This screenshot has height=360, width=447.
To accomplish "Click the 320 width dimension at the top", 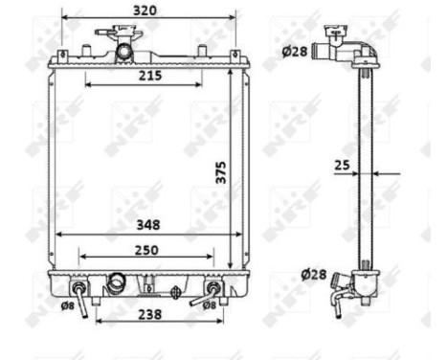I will point(145,10).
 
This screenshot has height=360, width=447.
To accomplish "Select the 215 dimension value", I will point(148,75).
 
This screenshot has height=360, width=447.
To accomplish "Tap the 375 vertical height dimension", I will point(220,169).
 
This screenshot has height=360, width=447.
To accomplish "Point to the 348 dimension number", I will point(147,225).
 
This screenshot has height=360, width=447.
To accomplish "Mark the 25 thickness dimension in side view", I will point(342,166).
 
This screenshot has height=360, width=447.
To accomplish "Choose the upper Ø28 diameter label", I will point(295,52).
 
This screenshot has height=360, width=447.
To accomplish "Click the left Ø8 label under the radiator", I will point(67,306).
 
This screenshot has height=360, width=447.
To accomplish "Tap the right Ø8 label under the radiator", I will point(233,306).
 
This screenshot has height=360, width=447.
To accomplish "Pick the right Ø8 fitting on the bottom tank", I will point(212,287).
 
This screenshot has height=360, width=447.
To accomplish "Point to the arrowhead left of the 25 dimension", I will point(356,173).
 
